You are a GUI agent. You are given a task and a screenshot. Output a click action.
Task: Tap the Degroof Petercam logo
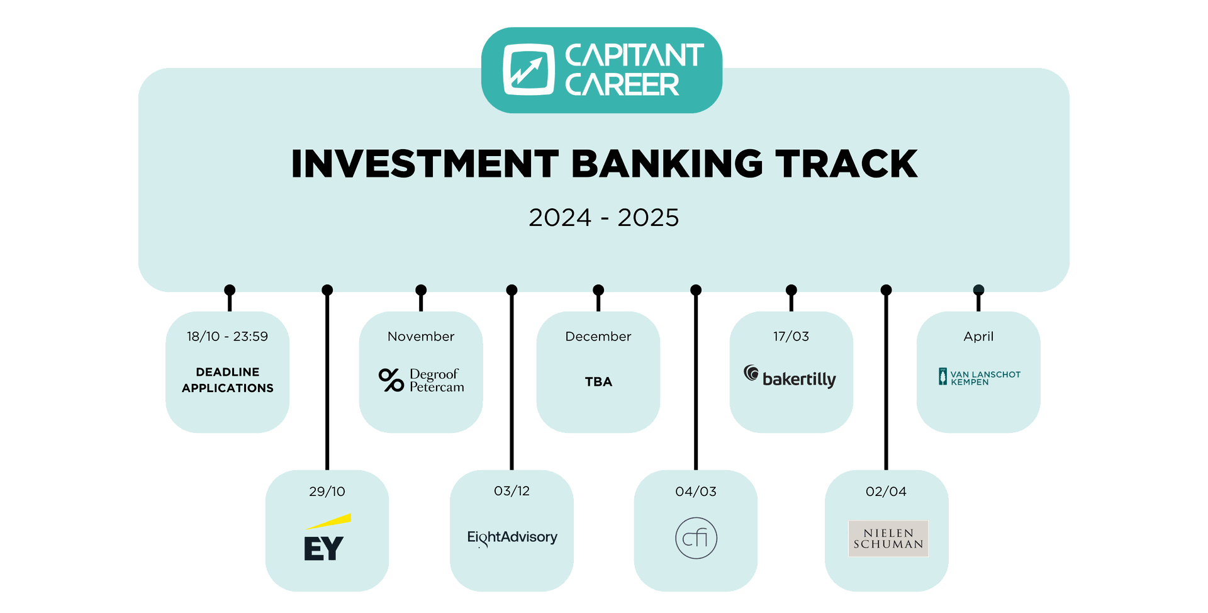[x=422, y=380]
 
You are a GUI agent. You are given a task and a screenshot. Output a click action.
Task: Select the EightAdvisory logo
[x=512, y=537]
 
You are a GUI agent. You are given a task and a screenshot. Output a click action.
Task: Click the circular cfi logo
[x=696, y=538]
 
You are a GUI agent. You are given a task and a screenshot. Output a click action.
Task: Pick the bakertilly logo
[x=790, y=376]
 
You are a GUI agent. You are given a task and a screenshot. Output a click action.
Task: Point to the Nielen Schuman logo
[x=888, y=538]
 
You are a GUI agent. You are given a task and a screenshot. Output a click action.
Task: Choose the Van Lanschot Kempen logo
[x=979, y=377]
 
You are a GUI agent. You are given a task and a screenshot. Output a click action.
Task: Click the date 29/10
[x=327, y=492]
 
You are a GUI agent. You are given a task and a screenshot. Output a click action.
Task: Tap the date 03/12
[x=512, y=491]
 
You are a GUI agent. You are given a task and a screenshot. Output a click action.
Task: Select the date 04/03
[x=696, y=492]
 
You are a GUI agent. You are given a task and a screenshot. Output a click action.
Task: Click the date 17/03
[x=791, y=337]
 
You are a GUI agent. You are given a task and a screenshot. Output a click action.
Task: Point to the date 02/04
[x=886, y=492]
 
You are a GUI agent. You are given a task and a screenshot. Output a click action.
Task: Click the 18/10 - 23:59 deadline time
[x=227, y=337]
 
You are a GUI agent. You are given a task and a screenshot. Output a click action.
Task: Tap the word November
[x=421, y=337]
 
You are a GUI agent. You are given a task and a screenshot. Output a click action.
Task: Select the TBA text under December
[x=598, y=382]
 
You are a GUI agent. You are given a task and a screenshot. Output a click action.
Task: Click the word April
[x=978, y=337]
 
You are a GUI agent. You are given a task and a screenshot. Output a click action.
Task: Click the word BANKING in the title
[x=667, y=164]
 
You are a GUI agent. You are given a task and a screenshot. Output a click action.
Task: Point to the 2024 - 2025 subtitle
[x=604, y=218]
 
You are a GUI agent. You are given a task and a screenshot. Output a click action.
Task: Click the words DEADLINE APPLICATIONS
[x=228, y=380]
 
